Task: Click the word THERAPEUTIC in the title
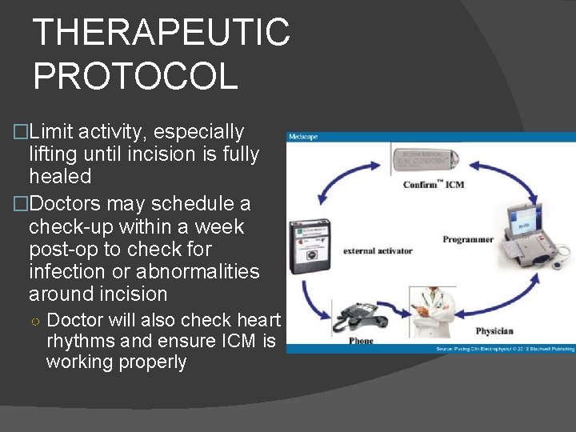coord(162,33)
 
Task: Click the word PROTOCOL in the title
coord(135,75)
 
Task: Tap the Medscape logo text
coord(303,137)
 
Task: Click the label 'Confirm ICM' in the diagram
coord(434,186)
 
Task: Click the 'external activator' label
coord(378,250)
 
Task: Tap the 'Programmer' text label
coord(468,239)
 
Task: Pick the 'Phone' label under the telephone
coord(361,341)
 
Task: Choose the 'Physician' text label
coord(494,330)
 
